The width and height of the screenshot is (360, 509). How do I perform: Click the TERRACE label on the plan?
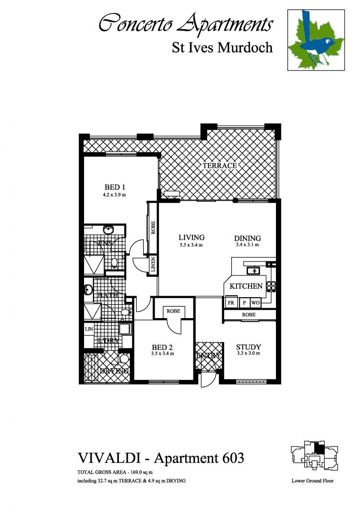[x=219, y=165]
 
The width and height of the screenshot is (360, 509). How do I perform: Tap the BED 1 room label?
[x=114, y=187]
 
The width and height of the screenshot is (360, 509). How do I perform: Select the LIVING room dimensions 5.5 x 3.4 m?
[x=191, y=245]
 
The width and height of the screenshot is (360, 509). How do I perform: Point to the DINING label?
[x=248, y=238]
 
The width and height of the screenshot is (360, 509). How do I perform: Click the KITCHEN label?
[x=246, y=286]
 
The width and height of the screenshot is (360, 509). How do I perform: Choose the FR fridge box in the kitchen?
[x=231, y=303]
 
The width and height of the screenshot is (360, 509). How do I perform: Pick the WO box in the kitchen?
[x=256, y=303]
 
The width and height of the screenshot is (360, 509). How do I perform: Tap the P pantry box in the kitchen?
[x=244, y=303]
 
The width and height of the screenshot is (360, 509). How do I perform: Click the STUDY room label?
[x=249, y=347]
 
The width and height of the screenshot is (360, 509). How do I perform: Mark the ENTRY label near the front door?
[x=208, y=355]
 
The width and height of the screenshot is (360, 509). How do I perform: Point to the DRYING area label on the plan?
[x=115, y=371]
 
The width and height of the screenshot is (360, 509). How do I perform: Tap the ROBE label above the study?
[x=249, y=315]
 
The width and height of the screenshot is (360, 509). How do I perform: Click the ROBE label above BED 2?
[x=173, y=311]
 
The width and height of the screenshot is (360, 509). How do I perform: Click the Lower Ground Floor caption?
[x=312, y=481]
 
